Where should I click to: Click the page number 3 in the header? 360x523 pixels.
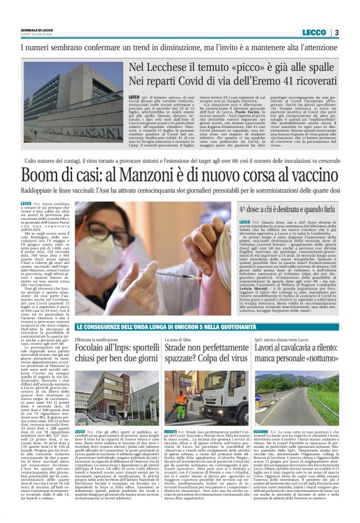[x=336, y=32]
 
